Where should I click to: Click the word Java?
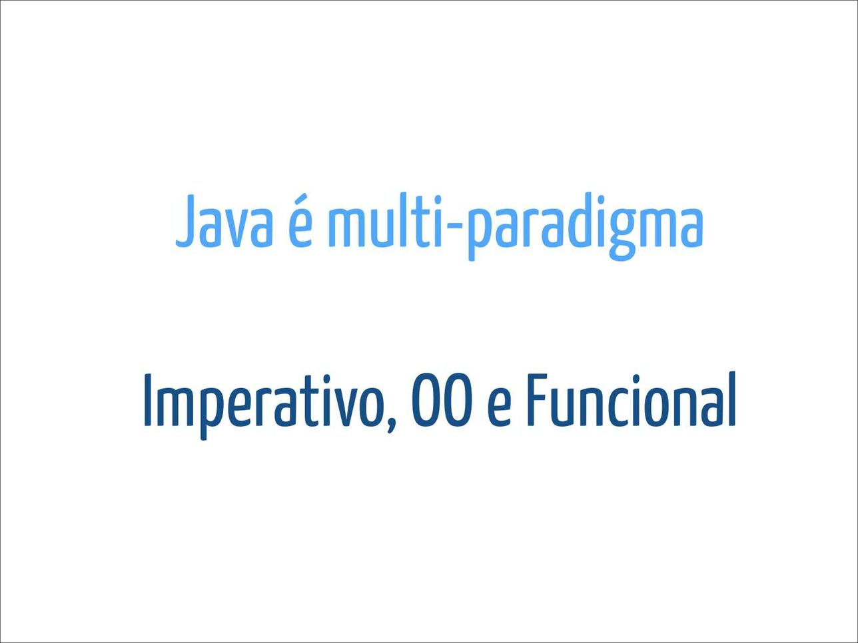pyautogui.click(x=224, y=222)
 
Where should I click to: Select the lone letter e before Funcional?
pyautogui.click(x=500, y=407)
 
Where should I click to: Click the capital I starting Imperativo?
pyautogui.click(x=148, y=401)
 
